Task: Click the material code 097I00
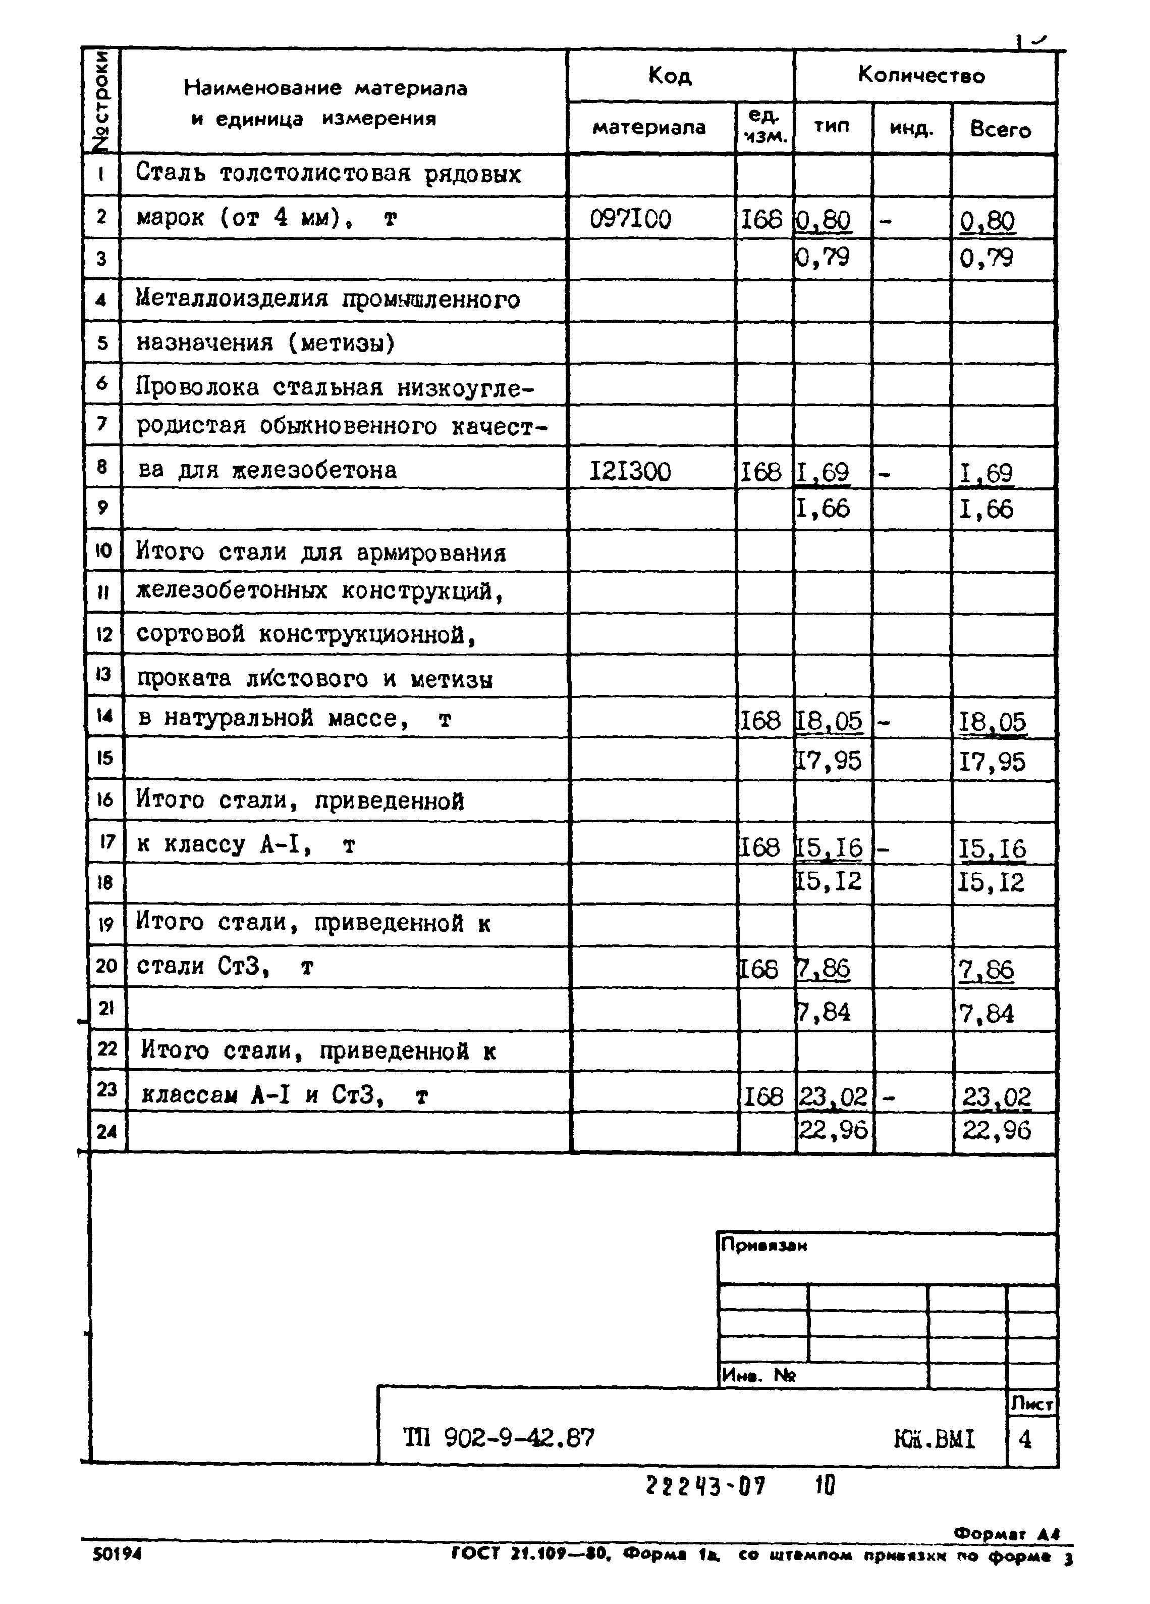(x=630, y=219)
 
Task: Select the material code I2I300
(x=630, y=472)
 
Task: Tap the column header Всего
(x=1000, y=129)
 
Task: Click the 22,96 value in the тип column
(x=833, y=1130)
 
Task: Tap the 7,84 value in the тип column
(x=824, y=1012)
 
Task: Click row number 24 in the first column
(x=107, y=1132)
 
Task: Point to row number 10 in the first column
(x=103, y=551)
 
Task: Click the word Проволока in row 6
(x=198, y=387)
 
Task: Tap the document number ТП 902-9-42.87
(x=499, y=1437)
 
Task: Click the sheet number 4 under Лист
(x=1025, y=1438)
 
